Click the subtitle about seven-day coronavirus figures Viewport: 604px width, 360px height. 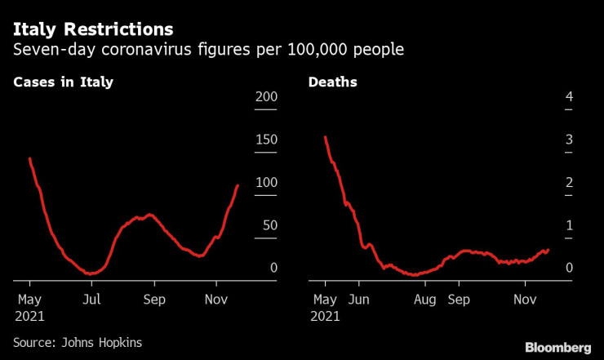(x=208, y=51)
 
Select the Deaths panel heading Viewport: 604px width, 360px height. (x=332, y=82)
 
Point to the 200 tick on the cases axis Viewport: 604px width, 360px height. (x=267, y=98)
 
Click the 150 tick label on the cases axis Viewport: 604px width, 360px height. (x=267, y=140)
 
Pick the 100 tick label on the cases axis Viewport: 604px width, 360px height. (x=267, y=183)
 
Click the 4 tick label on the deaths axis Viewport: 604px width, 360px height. (x=570, y=98)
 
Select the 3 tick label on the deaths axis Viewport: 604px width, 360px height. (x=570, y=140)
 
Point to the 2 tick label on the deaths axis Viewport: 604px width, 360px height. (x=570, y=183)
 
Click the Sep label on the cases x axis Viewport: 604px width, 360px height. (x=154, y=300)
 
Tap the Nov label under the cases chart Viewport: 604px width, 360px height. (x=216, y=300)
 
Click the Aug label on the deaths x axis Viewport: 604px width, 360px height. (x=424, y=300)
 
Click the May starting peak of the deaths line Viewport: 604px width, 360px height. (x=325, y=137)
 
